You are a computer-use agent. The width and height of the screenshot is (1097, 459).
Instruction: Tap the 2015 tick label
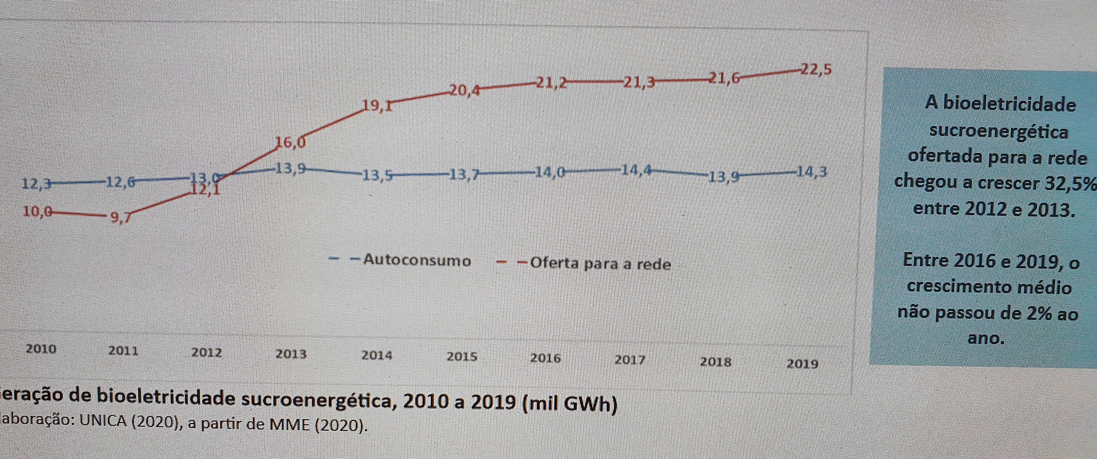coord(462,357)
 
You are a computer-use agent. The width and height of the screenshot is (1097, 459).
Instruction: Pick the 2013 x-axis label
coord(291,354)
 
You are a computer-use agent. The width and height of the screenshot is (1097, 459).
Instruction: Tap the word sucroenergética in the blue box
coord(999,132)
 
